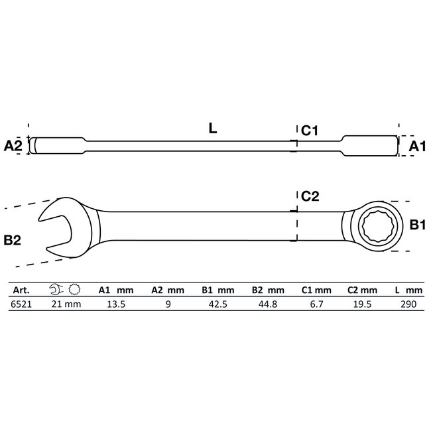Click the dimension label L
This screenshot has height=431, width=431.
212,129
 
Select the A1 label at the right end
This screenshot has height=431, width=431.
416,146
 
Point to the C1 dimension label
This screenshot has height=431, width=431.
310,131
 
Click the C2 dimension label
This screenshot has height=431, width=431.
310,196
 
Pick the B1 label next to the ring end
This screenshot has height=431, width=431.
416,225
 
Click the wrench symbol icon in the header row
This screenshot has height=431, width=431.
55,290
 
